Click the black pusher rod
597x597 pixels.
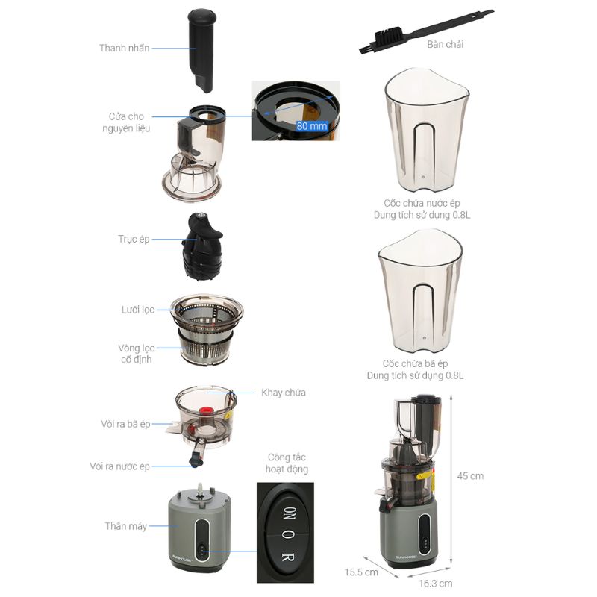click(201, 49)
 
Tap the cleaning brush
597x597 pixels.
click(425, 31)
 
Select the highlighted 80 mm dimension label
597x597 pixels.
click(312, 126)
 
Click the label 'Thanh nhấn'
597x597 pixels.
click(124, 48)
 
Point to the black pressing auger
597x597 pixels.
click(203, 246)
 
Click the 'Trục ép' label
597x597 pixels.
click(134, 239)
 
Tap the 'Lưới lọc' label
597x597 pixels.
click(138, 310)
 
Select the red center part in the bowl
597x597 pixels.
click(206, 411)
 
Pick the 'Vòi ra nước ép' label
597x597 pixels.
click(119, 466)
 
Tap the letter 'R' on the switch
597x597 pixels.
click(287, 557)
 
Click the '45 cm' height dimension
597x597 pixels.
click(470, 476)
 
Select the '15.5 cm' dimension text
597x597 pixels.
click(361, 572)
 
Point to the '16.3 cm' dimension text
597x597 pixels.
click(436, 584)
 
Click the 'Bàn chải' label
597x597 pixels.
click(445, 44)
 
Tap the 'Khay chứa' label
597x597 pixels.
click(284, 393)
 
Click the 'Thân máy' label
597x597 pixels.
click(126, 526)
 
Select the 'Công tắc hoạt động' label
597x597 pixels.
click(287, 463)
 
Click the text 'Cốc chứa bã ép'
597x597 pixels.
click(415, 363)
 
